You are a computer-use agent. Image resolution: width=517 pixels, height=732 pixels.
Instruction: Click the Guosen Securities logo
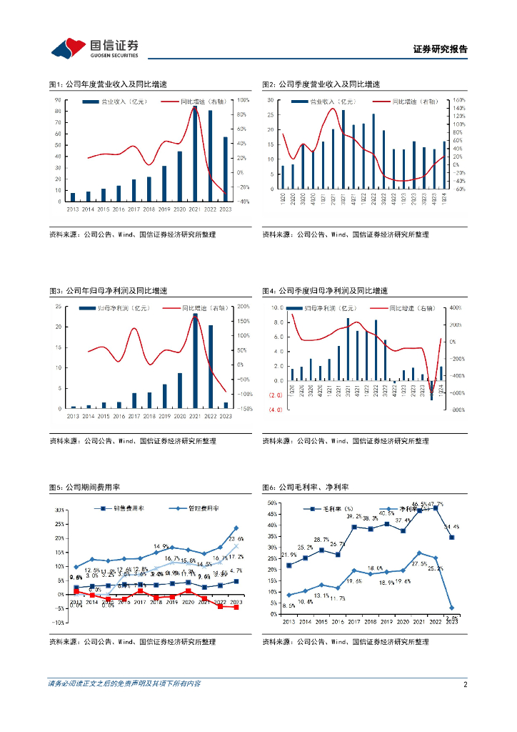tap(94, 48)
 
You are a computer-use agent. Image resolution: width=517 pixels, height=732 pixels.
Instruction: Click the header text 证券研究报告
tap(440, 49)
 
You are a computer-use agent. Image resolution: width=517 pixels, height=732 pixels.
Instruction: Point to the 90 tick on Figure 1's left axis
tap(56, 100)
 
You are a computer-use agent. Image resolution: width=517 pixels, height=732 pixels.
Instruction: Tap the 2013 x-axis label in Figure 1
tap(72, 209)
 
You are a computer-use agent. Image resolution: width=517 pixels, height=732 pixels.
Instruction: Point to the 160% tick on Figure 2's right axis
tap(458, 100)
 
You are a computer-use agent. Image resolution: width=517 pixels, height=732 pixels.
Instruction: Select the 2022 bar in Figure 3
tap(210, 367)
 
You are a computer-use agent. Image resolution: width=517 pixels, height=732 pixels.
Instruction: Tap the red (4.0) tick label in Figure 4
tap(276, 409)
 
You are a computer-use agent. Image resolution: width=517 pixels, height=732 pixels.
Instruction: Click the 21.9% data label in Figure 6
tap(288, 555)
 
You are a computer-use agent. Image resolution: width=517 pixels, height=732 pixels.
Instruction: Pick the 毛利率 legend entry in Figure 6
tap(324, 510)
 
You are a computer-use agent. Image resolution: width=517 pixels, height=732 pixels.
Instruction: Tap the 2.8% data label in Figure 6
tap(451, 618)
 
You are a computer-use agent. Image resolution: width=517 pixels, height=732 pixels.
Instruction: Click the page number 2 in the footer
tap(465, 684)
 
